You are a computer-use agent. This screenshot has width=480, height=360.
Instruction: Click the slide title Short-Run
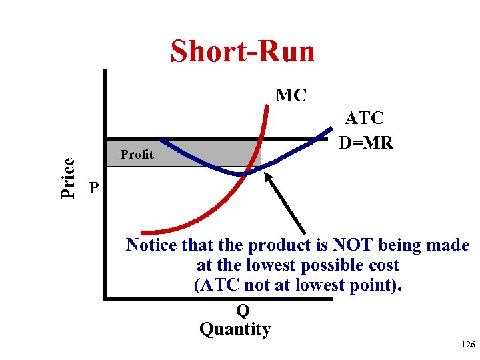243,51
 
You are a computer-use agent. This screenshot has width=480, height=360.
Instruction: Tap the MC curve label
291,96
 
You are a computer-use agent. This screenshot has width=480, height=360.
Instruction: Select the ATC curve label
364,119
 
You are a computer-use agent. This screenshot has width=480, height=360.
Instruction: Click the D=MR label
366,143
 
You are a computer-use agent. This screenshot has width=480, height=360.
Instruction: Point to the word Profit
137,155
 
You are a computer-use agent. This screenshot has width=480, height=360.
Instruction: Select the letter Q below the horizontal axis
243,311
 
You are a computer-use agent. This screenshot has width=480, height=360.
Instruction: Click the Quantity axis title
235,329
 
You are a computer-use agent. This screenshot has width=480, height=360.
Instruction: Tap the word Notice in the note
152,245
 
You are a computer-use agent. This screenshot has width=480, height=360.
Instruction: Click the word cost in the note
381,265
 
